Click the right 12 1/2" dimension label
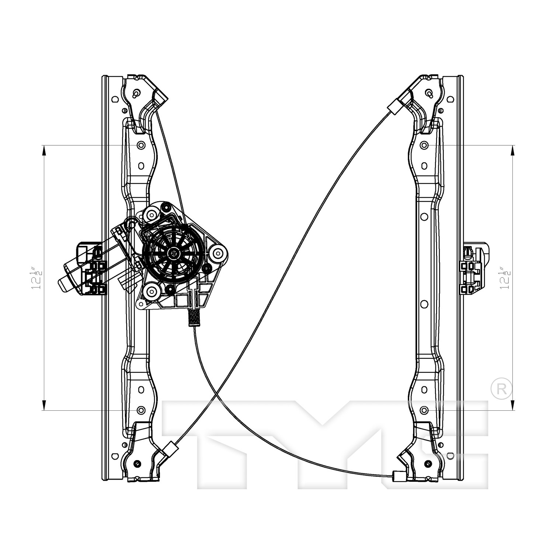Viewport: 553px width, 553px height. click(504, 278)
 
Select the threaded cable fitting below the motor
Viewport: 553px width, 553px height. click(193, 317)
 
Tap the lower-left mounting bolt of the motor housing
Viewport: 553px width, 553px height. click(151, 292)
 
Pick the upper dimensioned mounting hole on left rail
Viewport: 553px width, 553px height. click(140, 145)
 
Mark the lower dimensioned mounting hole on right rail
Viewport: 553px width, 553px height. click(424, 410)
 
